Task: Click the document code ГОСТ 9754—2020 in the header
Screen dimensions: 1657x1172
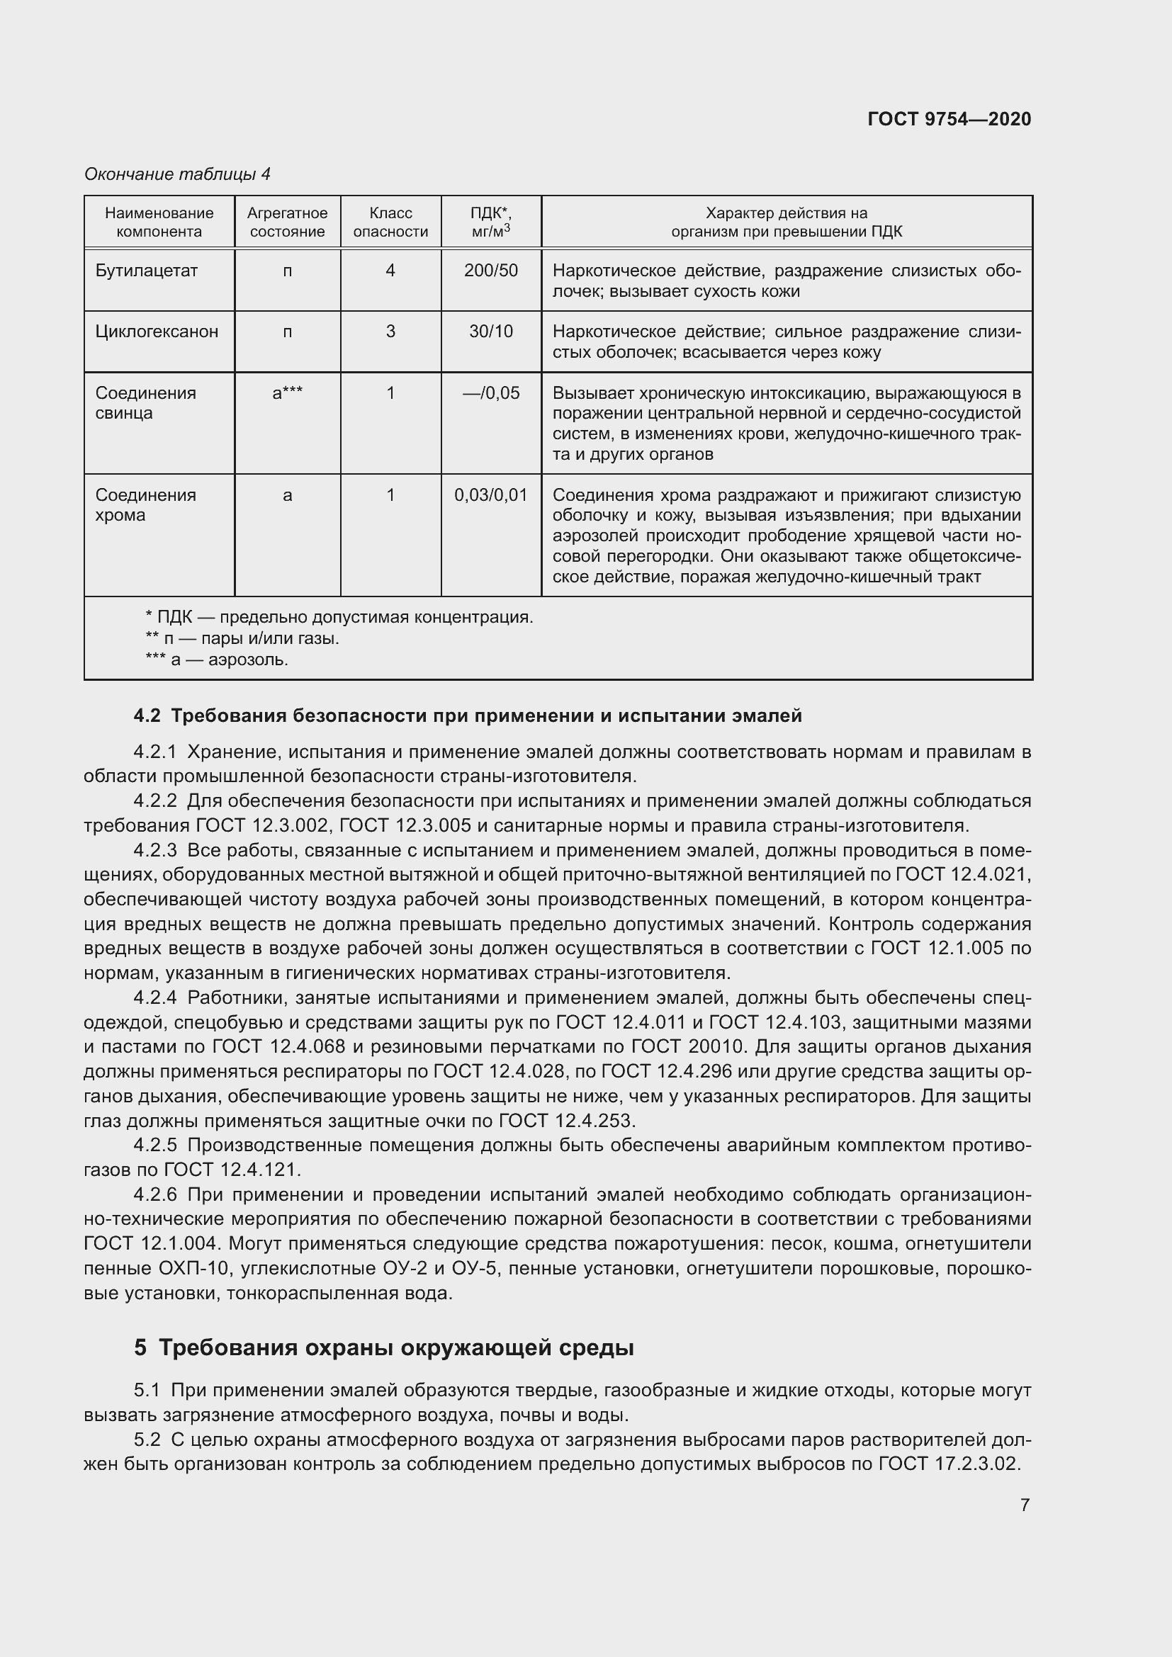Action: (x=949, y=119)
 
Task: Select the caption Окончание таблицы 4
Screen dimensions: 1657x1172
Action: (x=178, y=174)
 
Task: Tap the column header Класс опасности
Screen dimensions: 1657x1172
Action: (x=390, y=222)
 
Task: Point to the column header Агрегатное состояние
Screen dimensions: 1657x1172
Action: (x=287, y=222)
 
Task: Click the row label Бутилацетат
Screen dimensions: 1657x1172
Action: (x=147, y=271)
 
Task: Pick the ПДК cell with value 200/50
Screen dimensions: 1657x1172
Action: (x=491, y=271)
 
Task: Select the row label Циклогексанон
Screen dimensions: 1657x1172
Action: (x=157, y=332)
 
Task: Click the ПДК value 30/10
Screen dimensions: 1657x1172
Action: (x=491, y=332)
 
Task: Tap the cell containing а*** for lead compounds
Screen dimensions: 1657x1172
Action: (x=287, y=392)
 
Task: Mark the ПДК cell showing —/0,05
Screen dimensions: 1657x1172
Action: (x=491, y=392)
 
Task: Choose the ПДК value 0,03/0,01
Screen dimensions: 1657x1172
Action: (x=491, y=495)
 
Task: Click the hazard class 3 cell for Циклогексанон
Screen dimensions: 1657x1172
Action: (x=390, y=332)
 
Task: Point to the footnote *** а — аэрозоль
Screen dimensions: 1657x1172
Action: (x=217, y=660)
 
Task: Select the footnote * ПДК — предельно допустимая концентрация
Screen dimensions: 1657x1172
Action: (x=339, y=617)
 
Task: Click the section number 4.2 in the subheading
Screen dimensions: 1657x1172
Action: (x=147, y=716)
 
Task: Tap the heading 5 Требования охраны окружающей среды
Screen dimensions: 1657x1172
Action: (x=383, y=1347)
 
